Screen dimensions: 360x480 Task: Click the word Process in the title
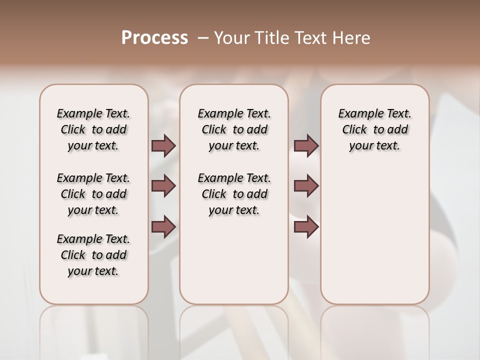[154, 37]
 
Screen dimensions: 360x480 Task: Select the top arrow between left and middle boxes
[163, 145]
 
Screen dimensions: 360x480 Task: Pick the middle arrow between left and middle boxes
[163, 186]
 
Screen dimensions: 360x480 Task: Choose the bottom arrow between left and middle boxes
[163, 227]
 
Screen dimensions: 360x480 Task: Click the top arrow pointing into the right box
[306, 145]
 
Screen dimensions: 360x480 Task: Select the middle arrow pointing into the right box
[306, 186]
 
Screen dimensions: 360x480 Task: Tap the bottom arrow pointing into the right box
[306, 227]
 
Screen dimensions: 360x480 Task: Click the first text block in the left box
[93, 129]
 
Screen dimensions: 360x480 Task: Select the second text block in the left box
[93, 194]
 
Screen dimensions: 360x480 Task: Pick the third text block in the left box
[93, 255]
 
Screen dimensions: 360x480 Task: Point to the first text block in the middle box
[234, 129]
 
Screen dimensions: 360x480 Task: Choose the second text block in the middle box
[234, 194]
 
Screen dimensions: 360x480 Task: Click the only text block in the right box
[374, 129]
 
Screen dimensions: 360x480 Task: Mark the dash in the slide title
[203, 37]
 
